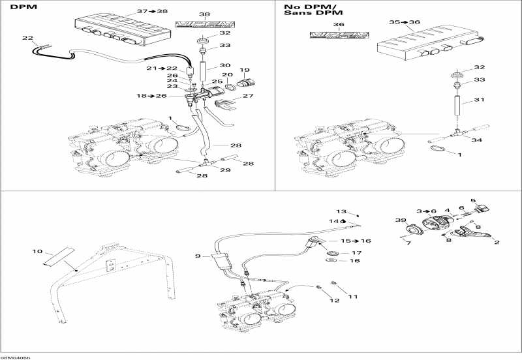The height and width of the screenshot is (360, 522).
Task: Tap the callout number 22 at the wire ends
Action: [x=27, y=38]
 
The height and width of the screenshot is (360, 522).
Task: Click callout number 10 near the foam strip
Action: [x=37, y=250]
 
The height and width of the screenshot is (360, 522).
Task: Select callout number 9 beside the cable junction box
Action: [x=198, y=256]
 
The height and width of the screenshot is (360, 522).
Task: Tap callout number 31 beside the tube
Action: [x=480, y=100]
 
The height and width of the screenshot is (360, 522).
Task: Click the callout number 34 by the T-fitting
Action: [x=478, y=140]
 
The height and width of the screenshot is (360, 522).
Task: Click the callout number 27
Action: [x=248, y=96]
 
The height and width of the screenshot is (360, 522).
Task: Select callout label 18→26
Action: [x=151, y=96]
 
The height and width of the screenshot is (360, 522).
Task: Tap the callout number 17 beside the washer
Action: [x=356, y=252]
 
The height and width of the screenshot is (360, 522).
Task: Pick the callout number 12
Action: [x=334, y=301]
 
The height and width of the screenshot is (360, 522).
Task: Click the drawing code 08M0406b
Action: [x=16, y=357]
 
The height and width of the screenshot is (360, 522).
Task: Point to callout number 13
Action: [x=340, y=211]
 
